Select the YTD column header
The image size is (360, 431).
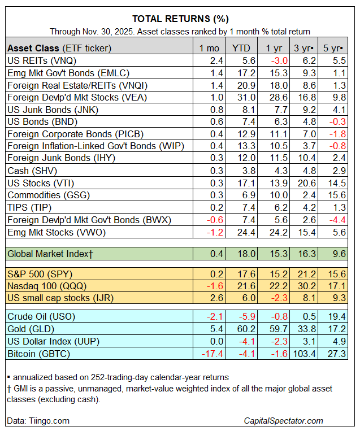240,47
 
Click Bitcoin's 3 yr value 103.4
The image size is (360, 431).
303,353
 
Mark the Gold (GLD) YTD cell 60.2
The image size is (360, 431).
241,328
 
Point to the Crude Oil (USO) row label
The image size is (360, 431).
40,316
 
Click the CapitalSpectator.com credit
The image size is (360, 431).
283,420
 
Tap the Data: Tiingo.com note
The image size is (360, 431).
38,420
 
